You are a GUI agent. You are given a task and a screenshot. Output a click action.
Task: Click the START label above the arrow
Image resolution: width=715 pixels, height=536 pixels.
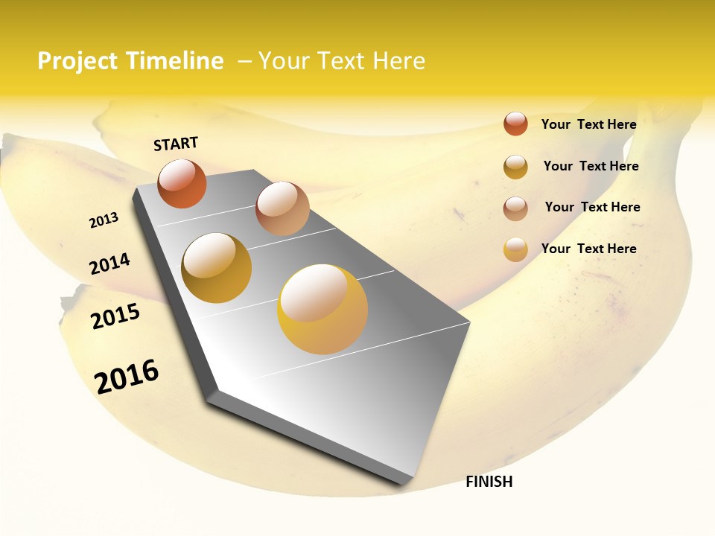176,144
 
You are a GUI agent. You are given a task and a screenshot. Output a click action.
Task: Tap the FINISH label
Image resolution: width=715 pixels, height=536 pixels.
489,482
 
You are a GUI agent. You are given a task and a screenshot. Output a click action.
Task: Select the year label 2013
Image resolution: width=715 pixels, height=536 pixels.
104,220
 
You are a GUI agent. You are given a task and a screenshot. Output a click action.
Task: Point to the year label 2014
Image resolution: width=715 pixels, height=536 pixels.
109,264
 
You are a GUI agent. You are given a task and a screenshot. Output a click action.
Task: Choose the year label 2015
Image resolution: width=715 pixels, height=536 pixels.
115,316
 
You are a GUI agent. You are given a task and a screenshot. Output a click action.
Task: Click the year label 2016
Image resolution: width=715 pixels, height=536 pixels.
127,376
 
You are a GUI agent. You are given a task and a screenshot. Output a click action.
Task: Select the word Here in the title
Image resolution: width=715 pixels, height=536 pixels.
399,61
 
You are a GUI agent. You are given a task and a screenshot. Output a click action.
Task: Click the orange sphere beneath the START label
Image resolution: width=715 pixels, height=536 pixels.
182,183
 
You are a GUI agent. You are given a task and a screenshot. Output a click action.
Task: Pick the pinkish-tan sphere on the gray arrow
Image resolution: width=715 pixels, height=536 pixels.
282,208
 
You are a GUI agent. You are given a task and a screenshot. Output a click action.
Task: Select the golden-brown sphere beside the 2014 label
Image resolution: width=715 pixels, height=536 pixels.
217,268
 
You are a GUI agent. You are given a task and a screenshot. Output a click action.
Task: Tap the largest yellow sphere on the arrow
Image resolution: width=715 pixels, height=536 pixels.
322,309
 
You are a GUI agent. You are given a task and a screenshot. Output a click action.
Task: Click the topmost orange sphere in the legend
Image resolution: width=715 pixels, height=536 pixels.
515,124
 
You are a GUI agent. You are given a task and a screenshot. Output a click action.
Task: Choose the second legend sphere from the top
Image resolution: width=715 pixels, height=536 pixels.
515,167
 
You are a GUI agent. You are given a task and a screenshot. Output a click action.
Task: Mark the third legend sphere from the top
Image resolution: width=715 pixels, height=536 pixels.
515,208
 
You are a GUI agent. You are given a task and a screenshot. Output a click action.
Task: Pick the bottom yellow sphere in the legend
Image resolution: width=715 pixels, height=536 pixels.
515,249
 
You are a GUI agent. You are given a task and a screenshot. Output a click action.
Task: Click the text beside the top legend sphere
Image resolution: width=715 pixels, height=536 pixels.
588,124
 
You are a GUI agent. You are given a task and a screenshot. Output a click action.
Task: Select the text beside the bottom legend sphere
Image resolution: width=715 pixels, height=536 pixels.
588,249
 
